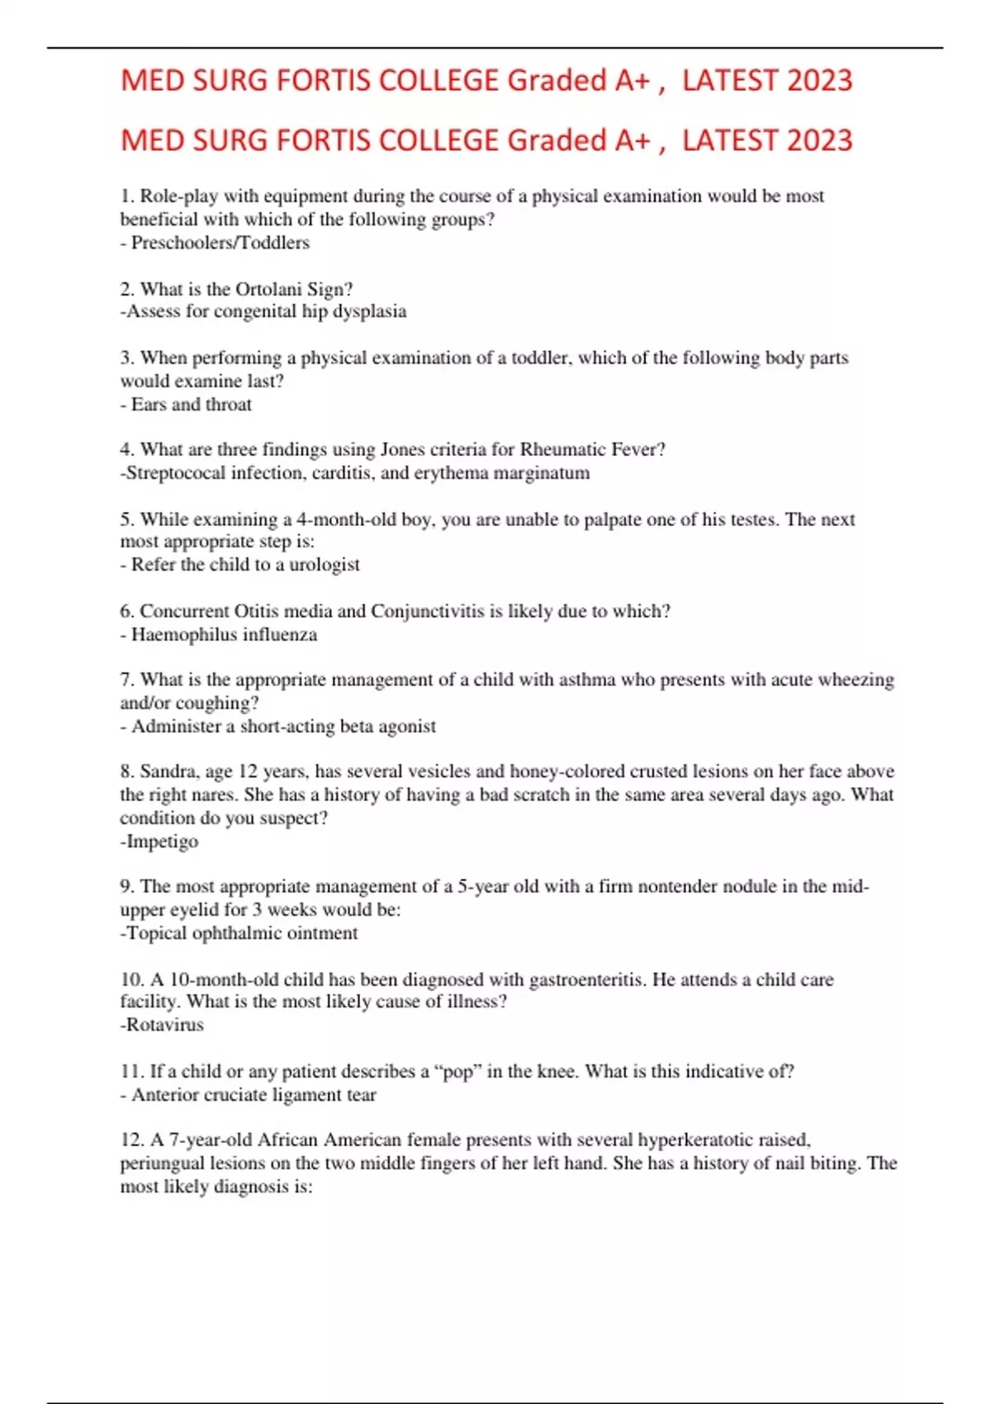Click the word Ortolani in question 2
(x=268, y=289)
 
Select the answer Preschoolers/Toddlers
(x=220, y=243)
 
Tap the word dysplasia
(x=369, y=311)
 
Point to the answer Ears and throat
(x=191, y=405)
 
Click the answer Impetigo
(x=162, y=842)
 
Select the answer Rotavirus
(x=164, y=1025)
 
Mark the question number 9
(x=126, y=887)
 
